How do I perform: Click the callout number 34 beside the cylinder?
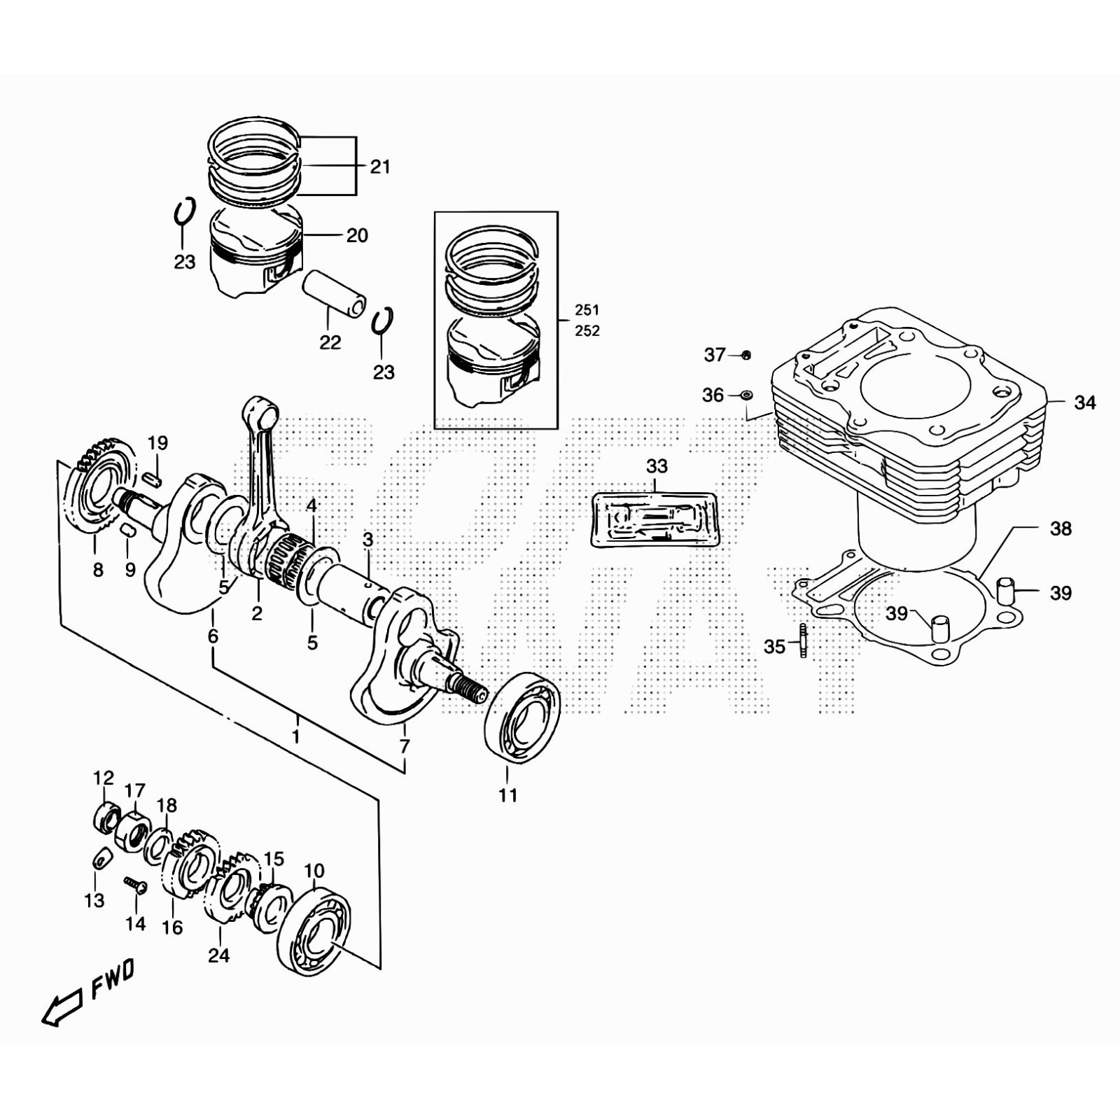(1084, 403)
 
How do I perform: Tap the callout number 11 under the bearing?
(508, 795)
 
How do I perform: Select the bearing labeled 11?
(522, 715)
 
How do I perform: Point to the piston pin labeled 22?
(334, 293)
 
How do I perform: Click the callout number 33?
(657, 466)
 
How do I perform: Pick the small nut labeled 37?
(746, 355)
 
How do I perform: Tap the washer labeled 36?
(746, 396)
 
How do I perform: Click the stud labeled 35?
(803, 640)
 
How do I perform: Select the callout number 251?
(587, 310)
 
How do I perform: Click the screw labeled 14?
(136, 885)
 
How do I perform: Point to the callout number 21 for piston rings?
(380, 167)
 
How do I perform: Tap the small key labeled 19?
(155, 479)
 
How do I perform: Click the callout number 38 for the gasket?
(1060, 528)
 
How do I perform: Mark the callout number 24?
(218, 955)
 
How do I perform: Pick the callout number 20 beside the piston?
(357, 236)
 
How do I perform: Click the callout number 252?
(587, 331)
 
